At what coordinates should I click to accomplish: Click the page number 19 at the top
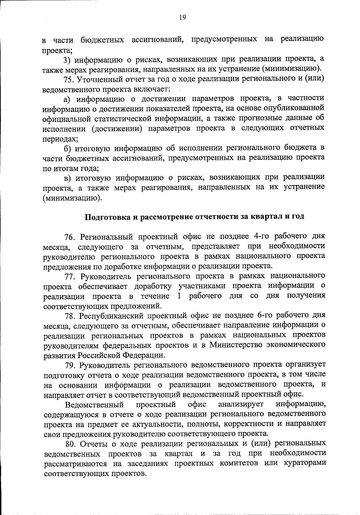point(182,17)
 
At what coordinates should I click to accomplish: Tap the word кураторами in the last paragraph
point(305,463)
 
